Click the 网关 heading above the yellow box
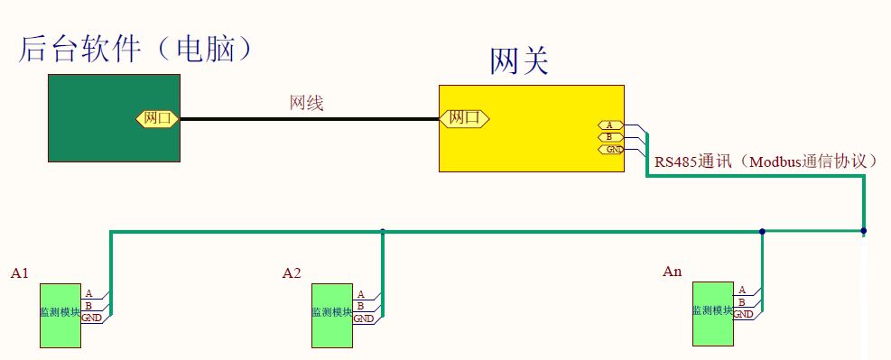519,62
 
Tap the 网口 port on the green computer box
158,118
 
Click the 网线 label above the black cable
306,104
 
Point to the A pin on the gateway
609,125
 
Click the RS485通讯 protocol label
766,162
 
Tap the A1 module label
21,272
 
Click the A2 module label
292,272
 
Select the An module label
673,271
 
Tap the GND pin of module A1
91,318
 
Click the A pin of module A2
361,294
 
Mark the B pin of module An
742,302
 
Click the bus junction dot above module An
762,232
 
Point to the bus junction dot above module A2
383,232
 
